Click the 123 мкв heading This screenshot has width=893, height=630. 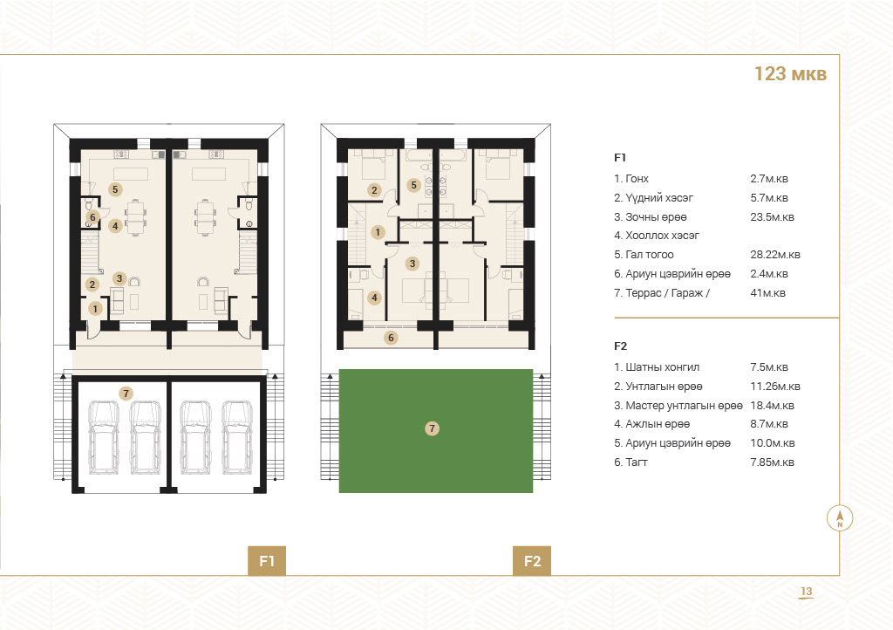pos(790,74)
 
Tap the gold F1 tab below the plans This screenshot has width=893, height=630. pos(267,561)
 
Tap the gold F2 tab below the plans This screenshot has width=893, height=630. pos(532,561)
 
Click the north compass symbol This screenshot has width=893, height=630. pos(840,518)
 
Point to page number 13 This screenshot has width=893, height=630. pos(807,592)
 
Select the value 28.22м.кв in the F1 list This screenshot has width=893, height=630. pos(775,255)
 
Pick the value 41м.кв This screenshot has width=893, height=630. pos(767,293)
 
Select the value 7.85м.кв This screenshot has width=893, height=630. pos(773,462)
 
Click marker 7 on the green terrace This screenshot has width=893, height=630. pos(433,428)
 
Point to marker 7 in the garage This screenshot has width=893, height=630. pos(126,393)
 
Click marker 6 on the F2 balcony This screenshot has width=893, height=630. pos(391,338)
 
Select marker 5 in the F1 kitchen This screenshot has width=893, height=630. pos(115,189)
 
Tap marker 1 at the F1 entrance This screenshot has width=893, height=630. pos(95,309)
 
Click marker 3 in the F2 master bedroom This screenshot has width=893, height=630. pos(412,264)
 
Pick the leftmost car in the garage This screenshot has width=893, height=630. pos(105,437)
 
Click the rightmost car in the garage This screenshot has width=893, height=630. pos(237,437)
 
